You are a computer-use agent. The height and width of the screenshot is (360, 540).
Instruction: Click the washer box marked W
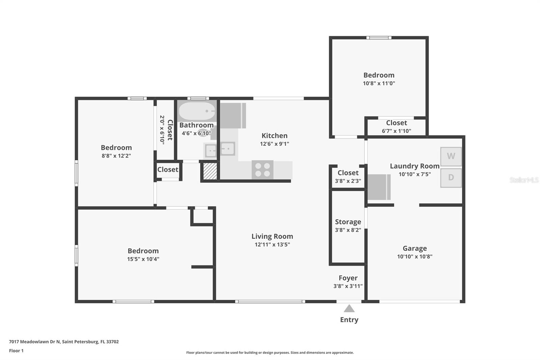(x=451, y=156)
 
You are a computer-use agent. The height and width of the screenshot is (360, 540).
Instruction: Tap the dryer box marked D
(x=451, y=178)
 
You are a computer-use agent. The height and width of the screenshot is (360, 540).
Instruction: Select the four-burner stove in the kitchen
(x=263, y=170)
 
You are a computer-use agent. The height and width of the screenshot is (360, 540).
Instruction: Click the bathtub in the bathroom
(x=197, y=111)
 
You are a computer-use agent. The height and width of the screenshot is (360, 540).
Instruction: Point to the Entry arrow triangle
(x=349, y=309)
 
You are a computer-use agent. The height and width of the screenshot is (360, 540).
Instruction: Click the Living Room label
(x=272, y=236)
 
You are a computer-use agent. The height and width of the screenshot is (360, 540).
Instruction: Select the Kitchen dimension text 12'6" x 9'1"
(x=274, y=144)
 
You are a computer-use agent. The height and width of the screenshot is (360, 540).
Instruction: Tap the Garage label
(x=414, y=248)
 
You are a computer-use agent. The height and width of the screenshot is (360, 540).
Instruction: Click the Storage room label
(x=348, y=222)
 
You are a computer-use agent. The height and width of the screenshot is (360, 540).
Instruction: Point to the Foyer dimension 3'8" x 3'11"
(x=348, y=286)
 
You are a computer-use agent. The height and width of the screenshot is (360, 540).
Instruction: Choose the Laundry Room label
(x=414, y=166)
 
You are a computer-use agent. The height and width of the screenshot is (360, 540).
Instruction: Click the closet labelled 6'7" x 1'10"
(x=396, y=127)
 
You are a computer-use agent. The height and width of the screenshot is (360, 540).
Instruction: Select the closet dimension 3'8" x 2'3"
(x=348, y=181)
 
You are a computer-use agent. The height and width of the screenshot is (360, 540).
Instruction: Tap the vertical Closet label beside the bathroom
(x=170, y=130)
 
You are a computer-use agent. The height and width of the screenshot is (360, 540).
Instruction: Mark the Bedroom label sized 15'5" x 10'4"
(x=143, y=251)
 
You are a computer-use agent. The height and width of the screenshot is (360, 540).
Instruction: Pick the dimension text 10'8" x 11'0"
(x=379, y=83)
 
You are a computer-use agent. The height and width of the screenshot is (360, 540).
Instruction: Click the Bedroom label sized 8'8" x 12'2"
(x=116, y=148)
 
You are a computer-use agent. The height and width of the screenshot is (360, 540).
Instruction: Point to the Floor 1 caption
(x=16, y=351)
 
